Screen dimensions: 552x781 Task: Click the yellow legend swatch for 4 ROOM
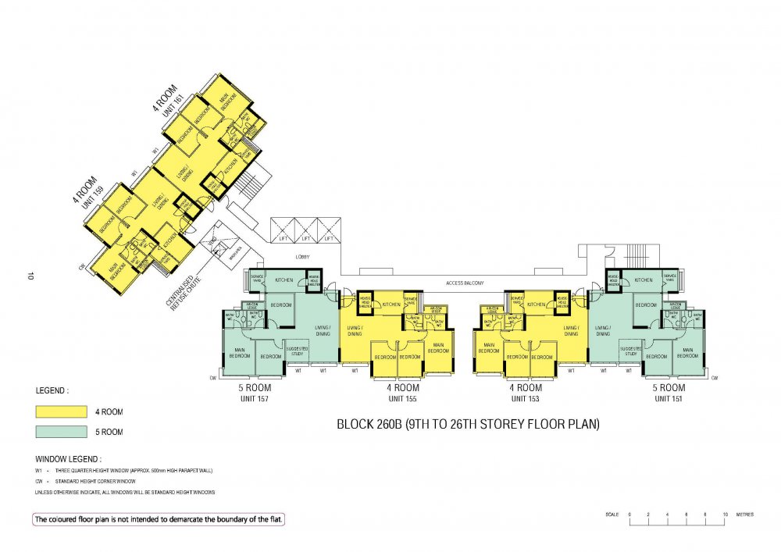(60, 411)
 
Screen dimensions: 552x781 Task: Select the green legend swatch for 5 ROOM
(60, 431)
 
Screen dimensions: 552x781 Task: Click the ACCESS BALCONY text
(465, 283)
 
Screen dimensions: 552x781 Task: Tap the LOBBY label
(303, 256)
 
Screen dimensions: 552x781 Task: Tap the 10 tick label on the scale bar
(726, 515)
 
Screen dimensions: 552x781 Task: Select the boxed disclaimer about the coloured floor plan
(159, 519)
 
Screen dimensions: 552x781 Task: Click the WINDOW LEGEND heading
(69, 459)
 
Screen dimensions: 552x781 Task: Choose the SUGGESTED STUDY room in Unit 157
(296, 351)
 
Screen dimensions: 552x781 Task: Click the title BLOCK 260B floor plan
(468, 426)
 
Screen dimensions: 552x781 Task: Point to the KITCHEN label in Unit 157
(283, 279)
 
